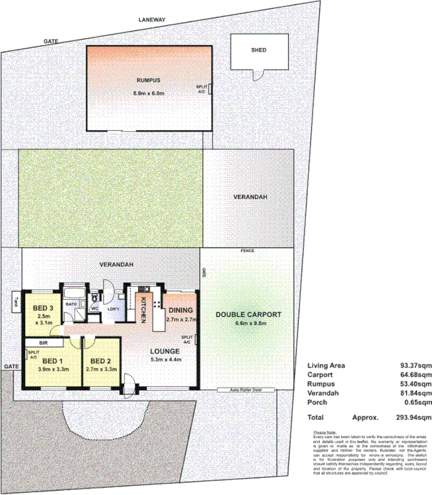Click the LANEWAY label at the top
152,20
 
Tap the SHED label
258,50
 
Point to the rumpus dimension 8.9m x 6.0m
149,93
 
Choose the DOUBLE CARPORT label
248,314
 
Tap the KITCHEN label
143,309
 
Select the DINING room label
181,310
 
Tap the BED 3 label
43,307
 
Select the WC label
94,309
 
